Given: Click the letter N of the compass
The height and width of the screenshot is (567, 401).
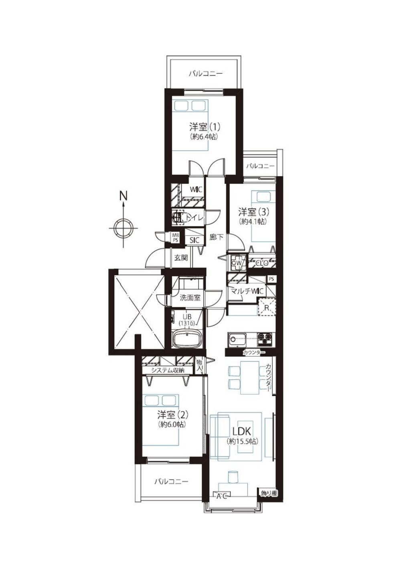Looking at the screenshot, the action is pos(123,195).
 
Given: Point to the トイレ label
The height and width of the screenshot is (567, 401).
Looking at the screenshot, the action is pos(194,217).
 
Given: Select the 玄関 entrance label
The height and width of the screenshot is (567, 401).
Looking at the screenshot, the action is pos(181,258).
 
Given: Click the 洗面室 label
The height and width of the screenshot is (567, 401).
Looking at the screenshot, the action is pos(190,298).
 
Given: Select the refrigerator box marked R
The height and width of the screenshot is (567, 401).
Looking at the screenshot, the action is pos(266,307).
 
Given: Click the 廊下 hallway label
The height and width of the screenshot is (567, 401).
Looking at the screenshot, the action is pos(217,237).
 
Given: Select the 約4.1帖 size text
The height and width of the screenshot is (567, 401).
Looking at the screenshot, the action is pos(253,221).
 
